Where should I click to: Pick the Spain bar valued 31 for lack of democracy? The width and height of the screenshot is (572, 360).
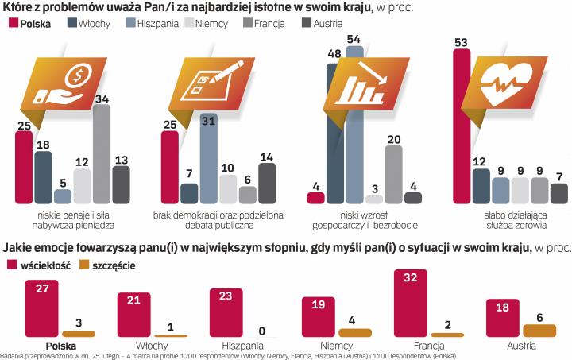coord(209,159)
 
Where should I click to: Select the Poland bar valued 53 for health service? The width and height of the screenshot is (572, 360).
coord(461,127)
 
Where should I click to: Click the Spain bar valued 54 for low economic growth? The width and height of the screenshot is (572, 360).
coord(354,119)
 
